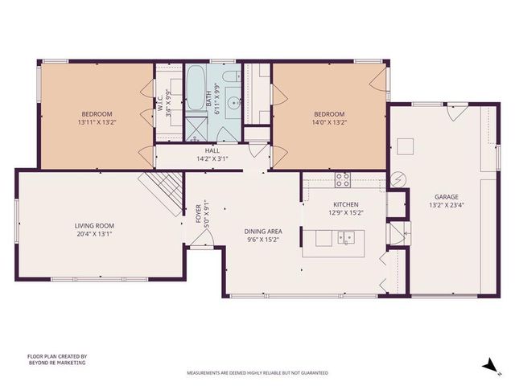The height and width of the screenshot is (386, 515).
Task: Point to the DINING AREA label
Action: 262,232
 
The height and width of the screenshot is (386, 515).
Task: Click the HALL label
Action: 212,150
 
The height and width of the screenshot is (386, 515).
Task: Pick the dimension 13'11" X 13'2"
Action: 96,123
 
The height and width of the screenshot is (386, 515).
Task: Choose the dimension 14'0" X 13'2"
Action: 329,123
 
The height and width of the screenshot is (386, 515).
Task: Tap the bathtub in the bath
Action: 197,90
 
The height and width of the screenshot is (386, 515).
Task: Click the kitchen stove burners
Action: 342,179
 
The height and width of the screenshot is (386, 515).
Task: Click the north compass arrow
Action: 488,365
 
